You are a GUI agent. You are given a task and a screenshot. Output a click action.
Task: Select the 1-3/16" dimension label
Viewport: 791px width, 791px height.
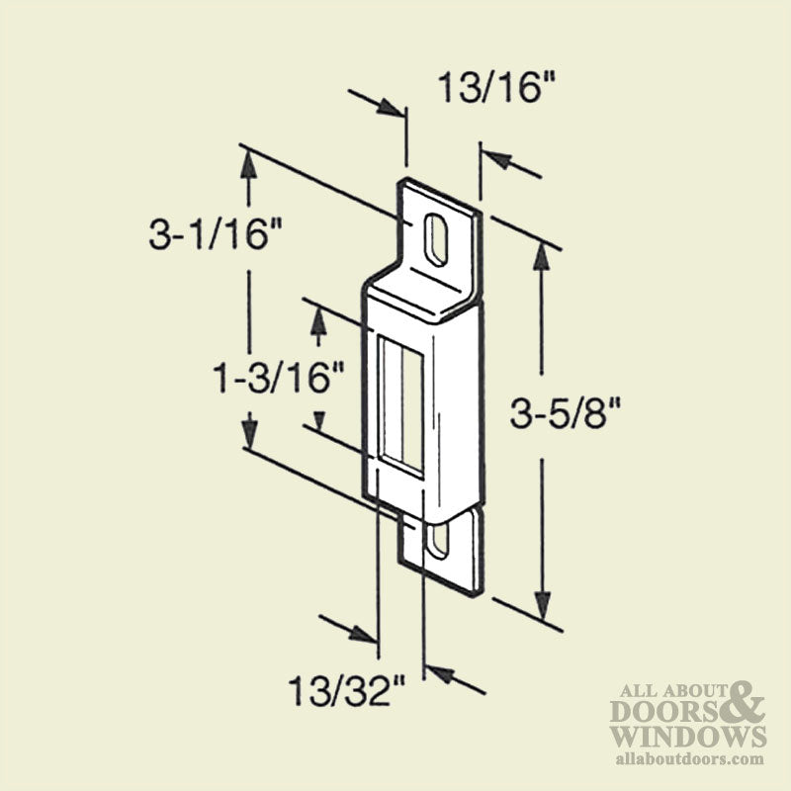pos(280,376)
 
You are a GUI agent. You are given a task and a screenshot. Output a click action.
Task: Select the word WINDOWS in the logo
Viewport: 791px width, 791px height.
pos(687,737)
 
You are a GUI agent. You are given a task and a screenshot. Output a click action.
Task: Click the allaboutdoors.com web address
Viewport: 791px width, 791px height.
pos(690,758)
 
